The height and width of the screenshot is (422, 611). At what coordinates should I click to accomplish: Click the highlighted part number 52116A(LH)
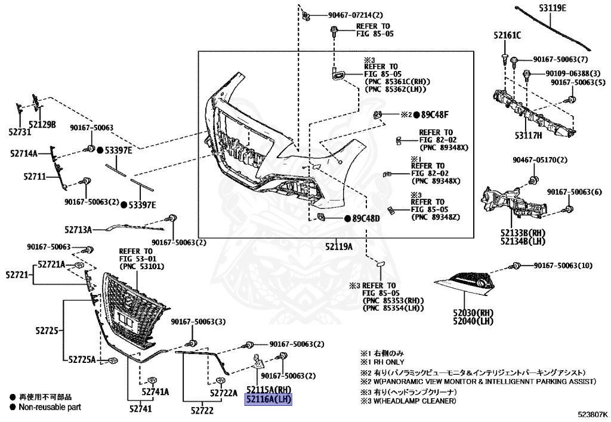tap(268, 399)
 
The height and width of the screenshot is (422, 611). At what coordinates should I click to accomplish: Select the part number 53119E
tap(553, 7)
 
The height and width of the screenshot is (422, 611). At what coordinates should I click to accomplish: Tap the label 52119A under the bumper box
tap(339, 247)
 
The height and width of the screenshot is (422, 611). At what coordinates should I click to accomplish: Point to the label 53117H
tap(528, 135)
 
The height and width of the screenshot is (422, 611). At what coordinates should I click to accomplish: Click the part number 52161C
tap(507, 35)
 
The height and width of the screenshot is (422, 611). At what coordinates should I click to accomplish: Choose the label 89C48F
tap(435, 115)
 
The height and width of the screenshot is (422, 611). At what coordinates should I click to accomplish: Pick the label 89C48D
tap(366, 218)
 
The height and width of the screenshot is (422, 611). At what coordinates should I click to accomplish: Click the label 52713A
tap(78, 230)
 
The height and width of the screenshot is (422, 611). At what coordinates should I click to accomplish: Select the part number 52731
tap(20, 132)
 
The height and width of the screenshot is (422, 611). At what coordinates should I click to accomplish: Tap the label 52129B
tap(42, 125)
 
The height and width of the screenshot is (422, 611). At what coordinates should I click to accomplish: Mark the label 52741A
tap(155, 392)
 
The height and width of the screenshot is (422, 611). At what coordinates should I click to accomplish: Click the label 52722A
tap(224, 393)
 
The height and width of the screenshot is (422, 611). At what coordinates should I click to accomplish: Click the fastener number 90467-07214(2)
tap(356, 15)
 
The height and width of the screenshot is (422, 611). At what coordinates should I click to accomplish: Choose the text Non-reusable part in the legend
tap(50, 407)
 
